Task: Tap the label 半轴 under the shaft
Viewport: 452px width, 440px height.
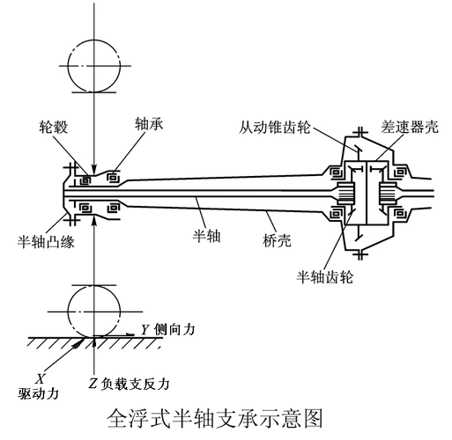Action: pos(206,235)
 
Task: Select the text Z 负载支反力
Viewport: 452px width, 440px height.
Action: pos(129,384)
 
